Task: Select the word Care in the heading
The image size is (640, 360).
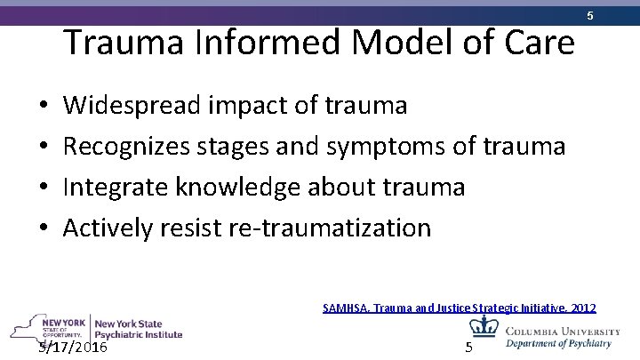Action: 536,42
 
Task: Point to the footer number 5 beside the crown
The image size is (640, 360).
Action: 468,346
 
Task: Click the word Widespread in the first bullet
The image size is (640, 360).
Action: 132,106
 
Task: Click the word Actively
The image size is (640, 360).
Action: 108,228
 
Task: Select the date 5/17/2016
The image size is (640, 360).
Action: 73,346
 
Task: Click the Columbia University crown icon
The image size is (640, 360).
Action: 484,326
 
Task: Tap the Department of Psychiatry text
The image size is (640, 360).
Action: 558,343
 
